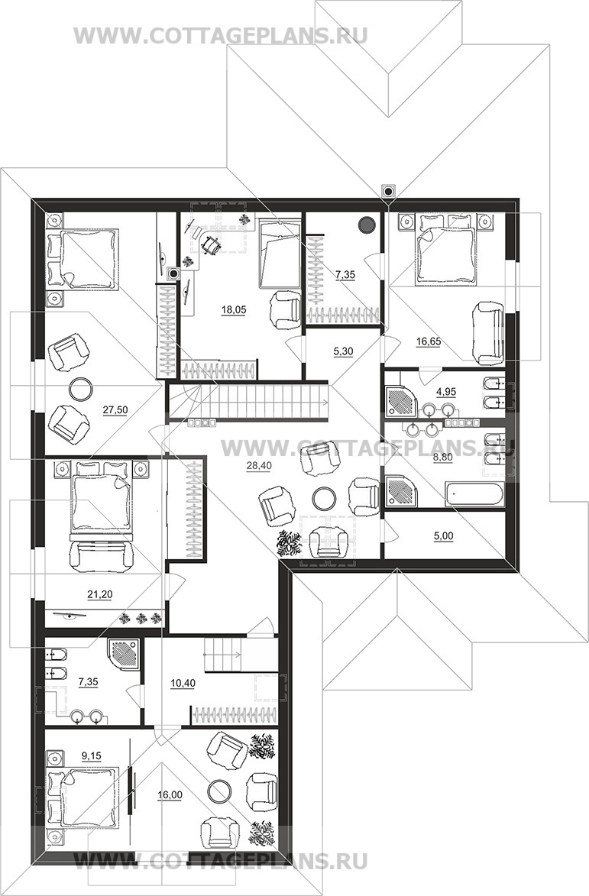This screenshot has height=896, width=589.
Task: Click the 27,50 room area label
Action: [x=115, y=409]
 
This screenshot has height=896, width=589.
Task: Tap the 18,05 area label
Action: [x=234, y=309]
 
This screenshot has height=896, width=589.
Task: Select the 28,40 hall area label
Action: [x=259, y=466]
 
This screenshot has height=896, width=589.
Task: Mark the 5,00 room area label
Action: [x=443, y=536]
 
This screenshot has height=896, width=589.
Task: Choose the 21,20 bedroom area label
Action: [x=100, y=594]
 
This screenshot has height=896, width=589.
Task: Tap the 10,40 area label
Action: [x=183, y=683]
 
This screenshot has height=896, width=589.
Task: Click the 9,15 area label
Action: [x=92, y=755]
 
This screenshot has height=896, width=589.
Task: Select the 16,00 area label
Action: [x=170, y=794]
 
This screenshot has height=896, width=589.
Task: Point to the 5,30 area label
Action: [x=343, y=351]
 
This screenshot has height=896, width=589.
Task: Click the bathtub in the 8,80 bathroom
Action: [x=474, y=495]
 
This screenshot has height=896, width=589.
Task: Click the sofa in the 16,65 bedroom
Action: [x=488, y=333]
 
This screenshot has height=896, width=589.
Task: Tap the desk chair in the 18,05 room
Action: [x=211, y=244]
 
